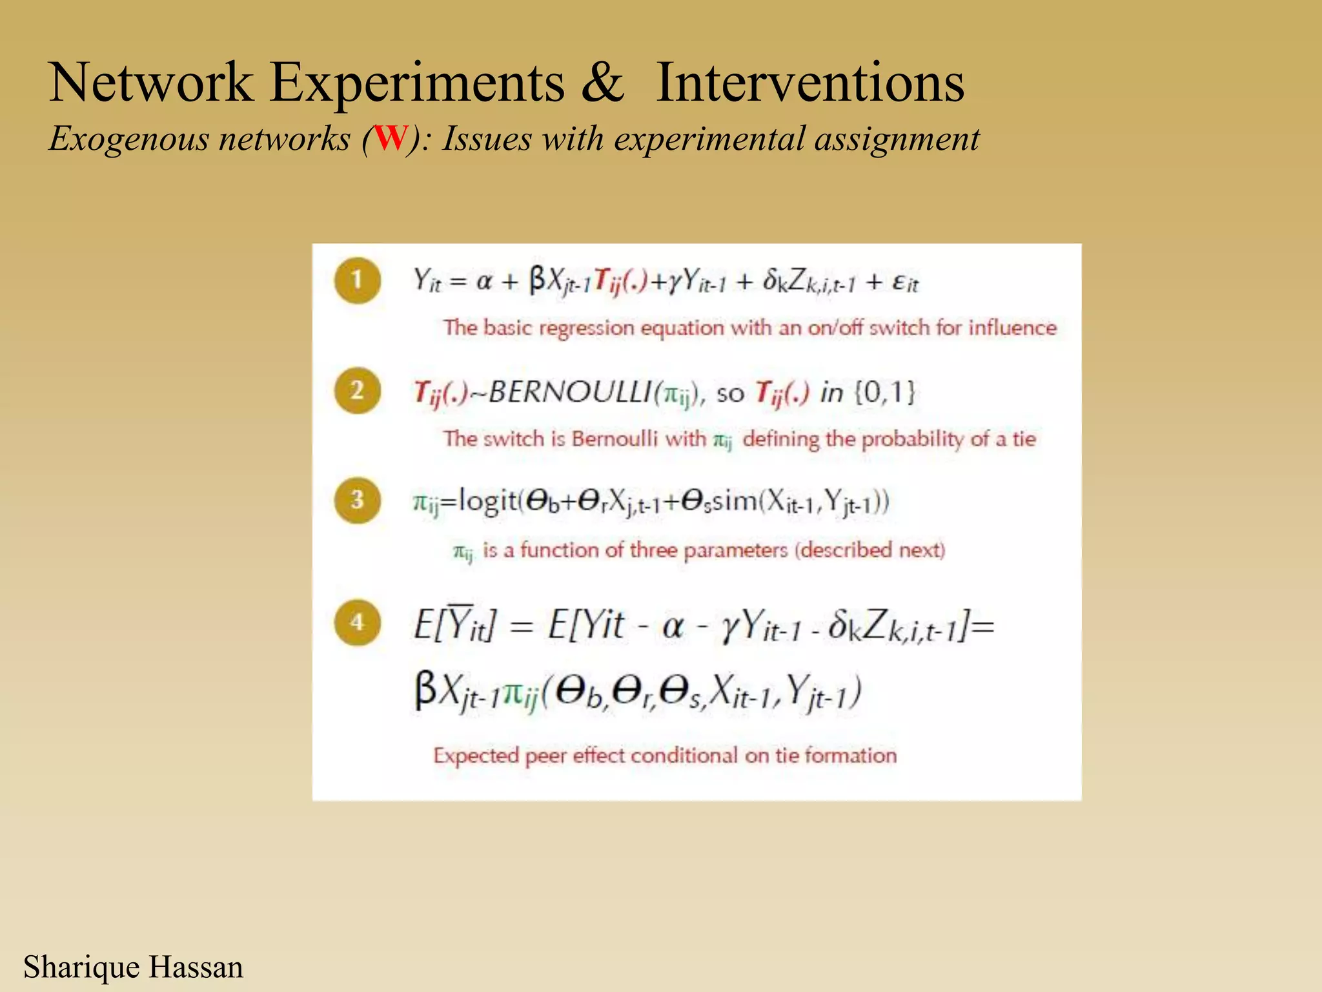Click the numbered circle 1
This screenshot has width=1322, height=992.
(357, 281)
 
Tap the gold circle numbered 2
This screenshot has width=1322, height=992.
(357, 391)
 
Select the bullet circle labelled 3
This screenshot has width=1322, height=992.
(357, 500)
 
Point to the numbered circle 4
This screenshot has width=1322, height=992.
(357, 623)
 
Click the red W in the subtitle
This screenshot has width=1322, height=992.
(391, 138)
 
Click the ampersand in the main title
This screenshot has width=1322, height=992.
(602, 83)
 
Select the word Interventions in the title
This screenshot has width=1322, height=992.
(810, 83)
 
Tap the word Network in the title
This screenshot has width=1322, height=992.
(151, 83)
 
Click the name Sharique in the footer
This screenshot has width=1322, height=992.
(81, 967)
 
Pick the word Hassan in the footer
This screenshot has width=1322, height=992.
(196, 967)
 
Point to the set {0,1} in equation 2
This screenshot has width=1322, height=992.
(885, 392)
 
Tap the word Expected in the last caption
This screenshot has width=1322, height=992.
(476, 756)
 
